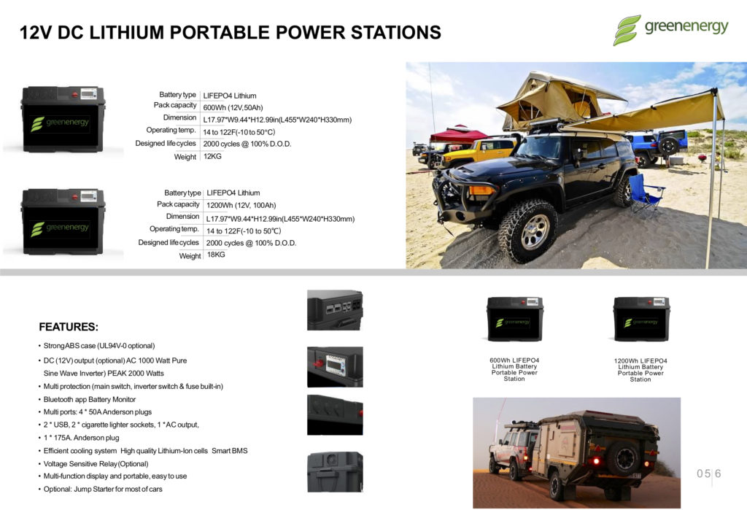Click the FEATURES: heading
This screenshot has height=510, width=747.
69,327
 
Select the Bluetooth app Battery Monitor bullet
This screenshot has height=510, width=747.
90,400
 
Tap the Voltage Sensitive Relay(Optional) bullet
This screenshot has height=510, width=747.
96,463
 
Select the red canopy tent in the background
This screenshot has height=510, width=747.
457,134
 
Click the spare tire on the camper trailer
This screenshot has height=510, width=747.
624,457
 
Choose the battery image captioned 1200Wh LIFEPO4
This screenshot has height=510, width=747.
640,319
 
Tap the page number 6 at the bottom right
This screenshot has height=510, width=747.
718,474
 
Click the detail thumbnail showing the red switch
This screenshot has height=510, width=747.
334,366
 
